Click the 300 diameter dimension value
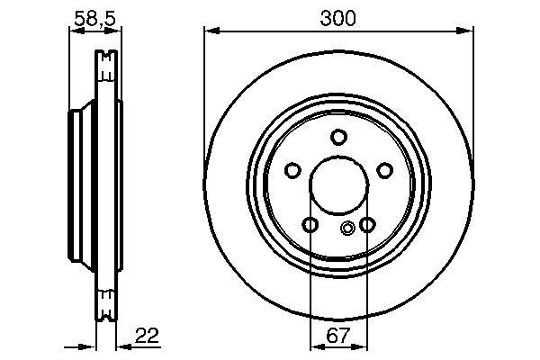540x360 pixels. [337, 18]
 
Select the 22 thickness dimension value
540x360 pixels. [147, 336]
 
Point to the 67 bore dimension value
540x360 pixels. [338, 335]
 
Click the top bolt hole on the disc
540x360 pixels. [338, 137]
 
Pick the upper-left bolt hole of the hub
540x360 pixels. [292, 170]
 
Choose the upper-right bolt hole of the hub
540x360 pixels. [384, 170]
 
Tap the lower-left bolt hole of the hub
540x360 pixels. [310, 225]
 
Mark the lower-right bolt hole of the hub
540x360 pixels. [367, 225]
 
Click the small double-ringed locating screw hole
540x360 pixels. [347, 228]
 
